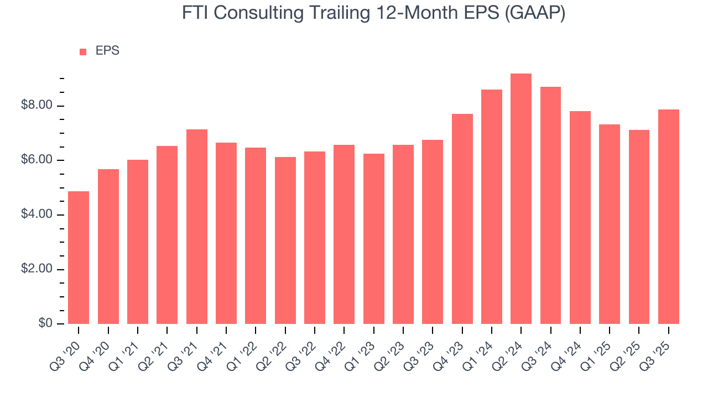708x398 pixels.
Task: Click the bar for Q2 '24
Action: (x=521, y=199)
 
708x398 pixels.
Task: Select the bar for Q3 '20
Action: (x=79, y=258)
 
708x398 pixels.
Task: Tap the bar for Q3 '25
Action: (x=669, y=217)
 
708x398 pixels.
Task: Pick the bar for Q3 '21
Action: (x=197, y=227)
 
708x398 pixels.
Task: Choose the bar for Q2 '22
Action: (x=285, y=240)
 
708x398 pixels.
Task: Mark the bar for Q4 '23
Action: (x=462, y=219)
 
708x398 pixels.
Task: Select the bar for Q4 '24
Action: (x=580, y=217)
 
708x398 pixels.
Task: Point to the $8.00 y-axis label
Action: (x=37, y=106)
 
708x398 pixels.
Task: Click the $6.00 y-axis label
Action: (x=37, y=160)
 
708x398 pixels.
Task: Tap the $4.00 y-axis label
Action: (x=37, y=214)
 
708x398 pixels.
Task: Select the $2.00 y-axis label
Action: (x=37, y=269)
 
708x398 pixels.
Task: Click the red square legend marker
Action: (x=83, y=52)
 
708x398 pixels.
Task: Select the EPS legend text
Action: (x=107, y=51)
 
